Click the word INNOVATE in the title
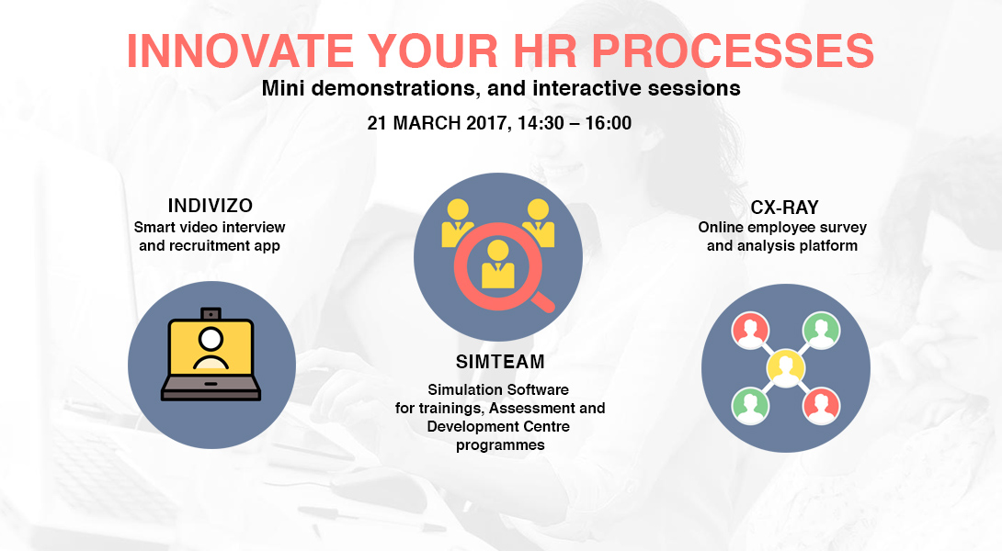tap(240, 51)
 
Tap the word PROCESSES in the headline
tap(733, 51)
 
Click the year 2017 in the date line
tap(486, 123)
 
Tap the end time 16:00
tap(609, 123)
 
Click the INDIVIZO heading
tap(211, 206)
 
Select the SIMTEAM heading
tap(500, 362)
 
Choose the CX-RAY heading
tap(784, 208)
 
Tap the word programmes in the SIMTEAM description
tap(500, 445)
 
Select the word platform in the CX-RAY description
tap(830, 246)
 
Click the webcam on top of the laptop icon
tap(211, 313)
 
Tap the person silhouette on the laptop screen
tap(211, 349)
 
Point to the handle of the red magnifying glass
tap(543, 300)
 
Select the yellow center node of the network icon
tap(786, 367)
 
